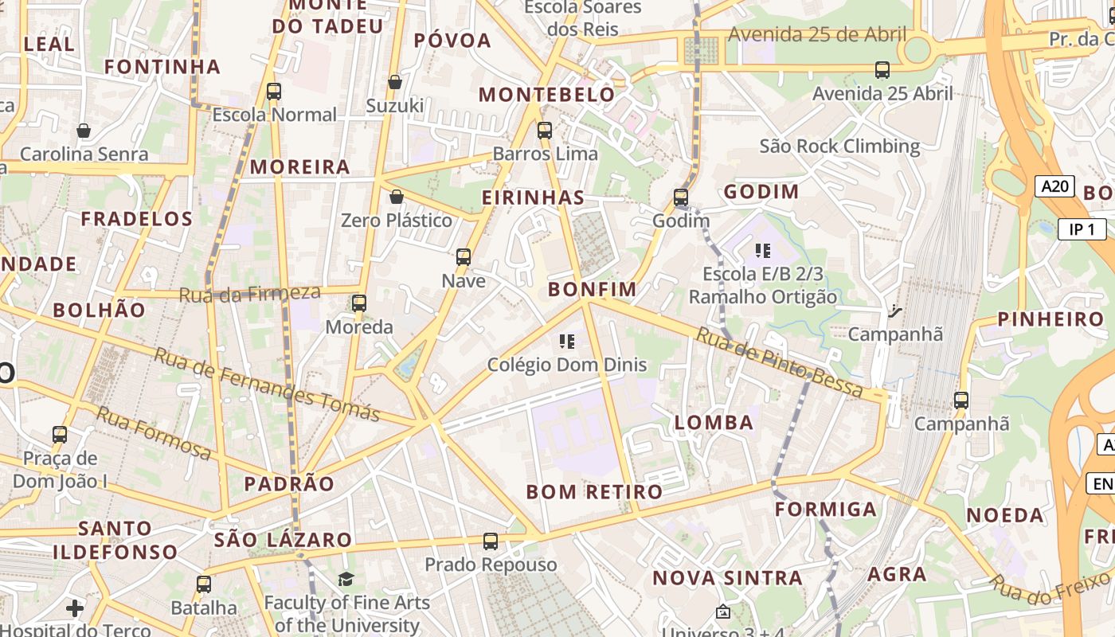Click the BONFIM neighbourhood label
[x=592, y=289]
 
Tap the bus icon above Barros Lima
[x=545, y=131]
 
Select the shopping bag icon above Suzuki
[x=395, y=82]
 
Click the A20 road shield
[x=1054, y=186]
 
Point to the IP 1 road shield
[x=1082, y=229]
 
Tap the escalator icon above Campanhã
[x=895, y=311]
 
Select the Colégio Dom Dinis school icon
[x=567, y=342]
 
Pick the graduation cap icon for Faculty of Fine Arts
[x=346, y=579]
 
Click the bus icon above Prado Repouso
[x=491, y=541]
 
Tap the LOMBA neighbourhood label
[x=714, y=422]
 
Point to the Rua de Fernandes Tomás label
[x=266, y=385]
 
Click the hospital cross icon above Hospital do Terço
[x=75, y=609]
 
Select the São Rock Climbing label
[x=839, y=147]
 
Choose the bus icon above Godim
[x=681, y=197]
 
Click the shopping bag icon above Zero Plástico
[x=397, y=197]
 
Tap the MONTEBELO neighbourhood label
[x=546, y=95]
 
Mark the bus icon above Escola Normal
[x=274, y=92]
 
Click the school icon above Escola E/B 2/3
[x=763, y=252]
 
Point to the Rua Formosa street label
[x=154, y=432]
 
